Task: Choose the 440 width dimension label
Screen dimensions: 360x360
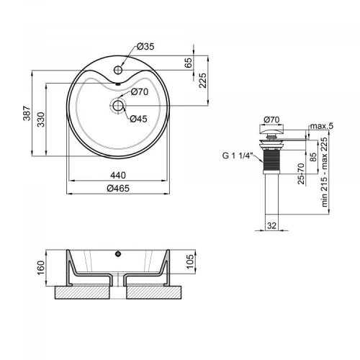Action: click(119, 175)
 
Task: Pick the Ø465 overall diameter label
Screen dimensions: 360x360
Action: click(119, 189)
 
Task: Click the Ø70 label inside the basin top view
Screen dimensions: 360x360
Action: click(140, 92)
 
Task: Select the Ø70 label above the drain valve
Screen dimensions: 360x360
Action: click(271, 120)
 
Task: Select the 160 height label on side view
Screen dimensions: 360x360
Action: click(41, 267)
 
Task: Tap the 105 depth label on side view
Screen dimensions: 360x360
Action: click(189, 261)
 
